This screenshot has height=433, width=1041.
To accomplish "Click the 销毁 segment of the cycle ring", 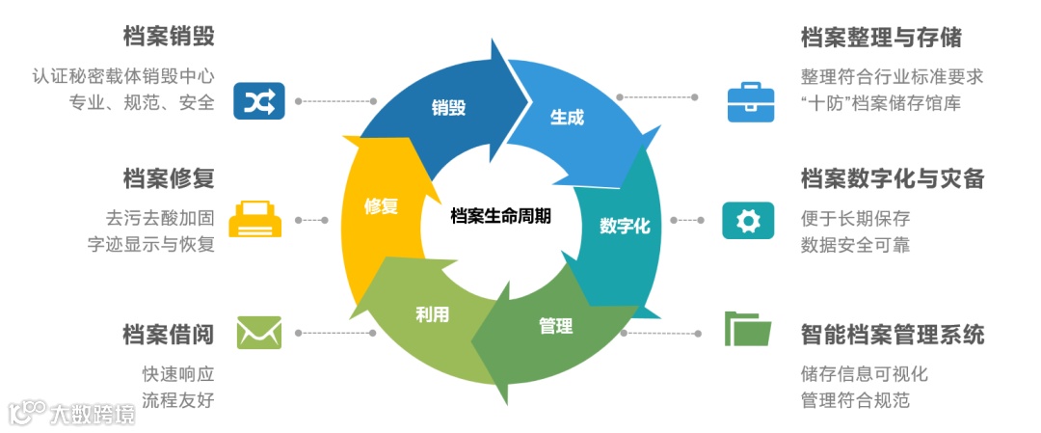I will (x=448, y=107).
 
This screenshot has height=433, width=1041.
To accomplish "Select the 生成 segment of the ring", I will (x=567, y=118).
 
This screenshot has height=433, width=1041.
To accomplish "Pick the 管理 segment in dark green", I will (x=555, y=326).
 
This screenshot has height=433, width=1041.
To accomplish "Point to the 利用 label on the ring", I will (x=432, y=314).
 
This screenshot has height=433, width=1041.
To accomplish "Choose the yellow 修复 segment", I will (x=380, y=206).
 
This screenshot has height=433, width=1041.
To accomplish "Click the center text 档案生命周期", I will (x=501, y=216).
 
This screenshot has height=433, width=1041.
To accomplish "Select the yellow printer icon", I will (x=255, y=219).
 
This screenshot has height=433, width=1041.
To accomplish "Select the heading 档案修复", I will (x=169, y=178).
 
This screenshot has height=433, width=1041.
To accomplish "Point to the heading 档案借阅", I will (x=169, y=335).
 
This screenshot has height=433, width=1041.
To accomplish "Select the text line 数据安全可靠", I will (x=855, y=244).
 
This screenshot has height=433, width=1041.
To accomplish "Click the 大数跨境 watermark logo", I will (x=71, y=413).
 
